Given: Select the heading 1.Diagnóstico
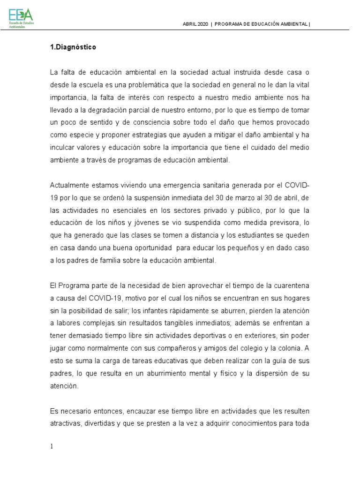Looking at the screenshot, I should [73, 47].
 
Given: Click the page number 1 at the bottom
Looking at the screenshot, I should [52, 446].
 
